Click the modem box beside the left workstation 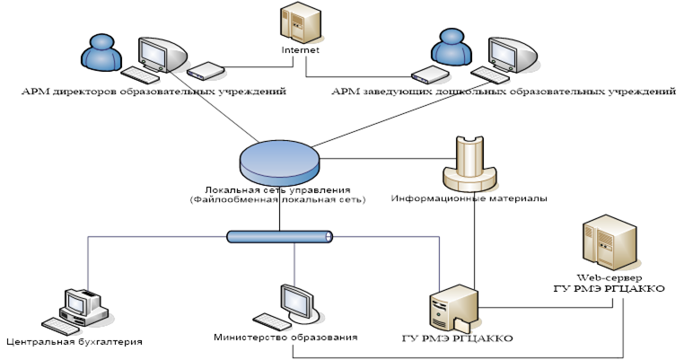(x=205, y=69)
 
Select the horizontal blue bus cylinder (x=279, y=237)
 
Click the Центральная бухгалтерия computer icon (x=82, y=311)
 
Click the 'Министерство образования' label (x=285, y=337)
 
